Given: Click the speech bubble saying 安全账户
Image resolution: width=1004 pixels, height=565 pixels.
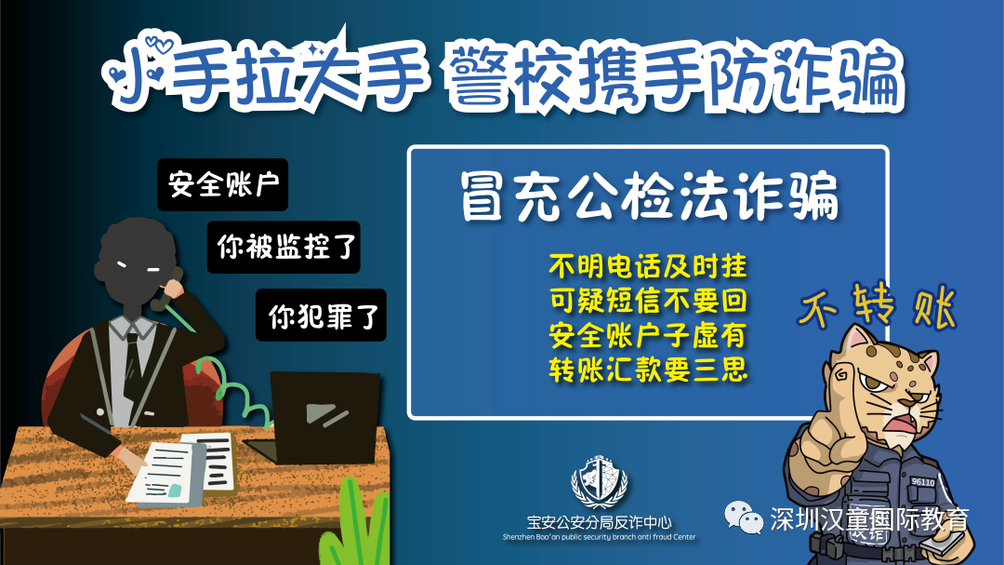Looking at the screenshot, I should click(223, 184).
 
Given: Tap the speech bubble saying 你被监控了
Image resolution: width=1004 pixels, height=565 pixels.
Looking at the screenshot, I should click(283, 247).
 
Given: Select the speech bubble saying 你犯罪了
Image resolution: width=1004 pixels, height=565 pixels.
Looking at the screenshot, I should click(321, 316).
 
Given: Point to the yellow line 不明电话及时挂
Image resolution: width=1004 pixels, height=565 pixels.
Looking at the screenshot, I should click(649, 267).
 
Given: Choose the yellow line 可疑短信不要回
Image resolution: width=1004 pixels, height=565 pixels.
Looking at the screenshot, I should click(649, 302).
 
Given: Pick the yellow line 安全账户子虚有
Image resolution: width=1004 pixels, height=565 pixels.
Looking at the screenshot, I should click(649, 335).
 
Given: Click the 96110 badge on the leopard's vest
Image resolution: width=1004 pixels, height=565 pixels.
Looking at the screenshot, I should click(922, 482).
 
